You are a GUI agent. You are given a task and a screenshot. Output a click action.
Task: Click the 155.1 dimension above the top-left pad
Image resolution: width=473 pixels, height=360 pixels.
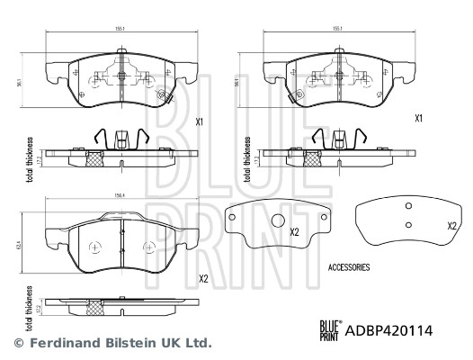click(119, 29)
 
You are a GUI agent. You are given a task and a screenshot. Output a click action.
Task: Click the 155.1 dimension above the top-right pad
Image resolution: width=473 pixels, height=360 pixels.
click(338, 29)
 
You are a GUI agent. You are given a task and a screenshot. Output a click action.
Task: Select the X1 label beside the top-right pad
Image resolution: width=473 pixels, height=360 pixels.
click(418, 118)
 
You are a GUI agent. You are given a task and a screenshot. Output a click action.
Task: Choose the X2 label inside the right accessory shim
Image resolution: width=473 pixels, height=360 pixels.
click(452, 226)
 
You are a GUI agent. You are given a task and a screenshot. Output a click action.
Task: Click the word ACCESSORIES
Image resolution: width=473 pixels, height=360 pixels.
click(349, 268)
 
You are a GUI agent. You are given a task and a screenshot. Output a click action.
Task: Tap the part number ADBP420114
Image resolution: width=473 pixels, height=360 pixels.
click(390, 329)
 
